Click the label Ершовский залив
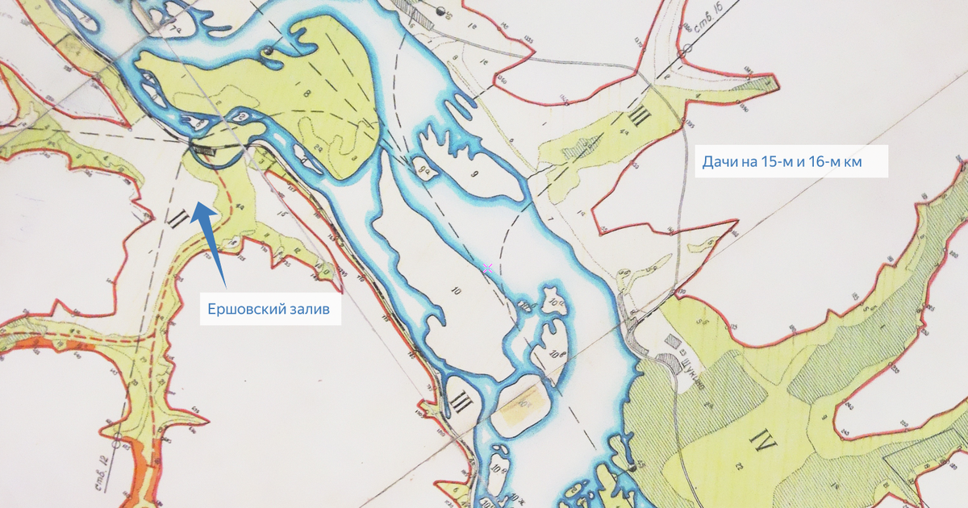click(x=269, y=309)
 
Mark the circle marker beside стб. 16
click(x=683, y=52)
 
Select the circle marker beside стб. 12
click(x=117, y=440)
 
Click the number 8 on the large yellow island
click(x=307, y=94)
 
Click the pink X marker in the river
click(x=487, y=267)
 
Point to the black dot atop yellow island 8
click(x=268, y=52)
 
